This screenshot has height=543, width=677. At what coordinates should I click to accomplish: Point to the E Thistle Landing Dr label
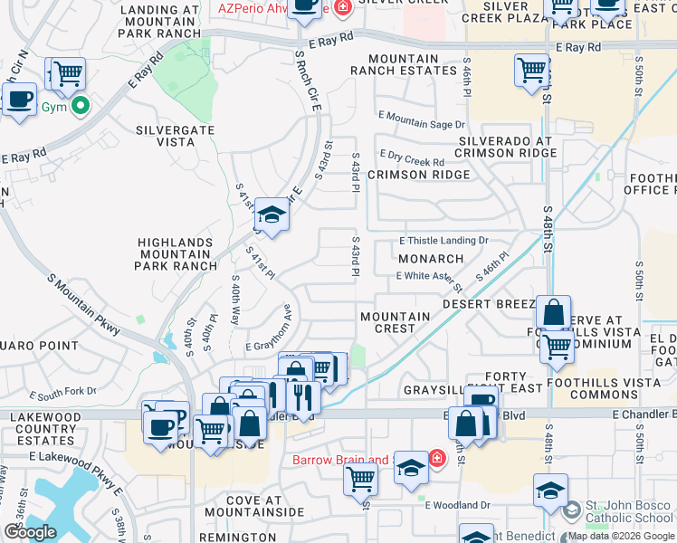coord(444,241)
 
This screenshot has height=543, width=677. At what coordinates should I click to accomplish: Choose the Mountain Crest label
coord(395,322)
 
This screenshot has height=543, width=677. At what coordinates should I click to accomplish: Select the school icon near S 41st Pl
coord(271,215)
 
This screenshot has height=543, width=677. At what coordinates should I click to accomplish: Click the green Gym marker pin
coord(81,107)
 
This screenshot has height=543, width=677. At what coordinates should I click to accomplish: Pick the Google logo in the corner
coord(30,532)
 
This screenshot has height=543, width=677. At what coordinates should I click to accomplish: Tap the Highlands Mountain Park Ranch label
coord(175,254)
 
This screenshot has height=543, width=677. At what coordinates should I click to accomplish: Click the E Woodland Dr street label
coord(457,504)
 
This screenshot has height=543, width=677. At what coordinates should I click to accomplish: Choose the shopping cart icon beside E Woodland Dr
coord(360,479)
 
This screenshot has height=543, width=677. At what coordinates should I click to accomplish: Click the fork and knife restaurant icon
coord(301,395)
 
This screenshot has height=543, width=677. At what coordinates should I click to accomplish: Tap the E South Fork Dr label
coord(62,394)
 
